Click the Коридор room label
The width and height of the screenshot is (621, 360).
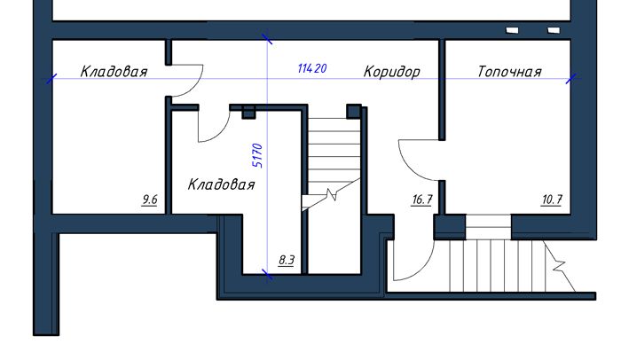392,72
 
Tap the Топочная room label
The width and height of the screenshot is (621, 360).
509,72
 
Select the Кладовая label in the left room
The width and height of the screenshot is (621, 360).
114,72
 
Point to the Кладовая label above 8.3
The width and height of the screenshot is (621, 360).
222,184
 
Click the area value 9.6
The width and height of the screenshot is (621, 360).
150,200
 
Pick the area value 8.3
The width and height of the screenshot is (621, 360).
287,260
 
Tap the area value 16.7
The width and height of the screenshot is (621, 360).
421,200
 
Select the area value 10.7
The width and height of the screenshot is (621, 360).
551,200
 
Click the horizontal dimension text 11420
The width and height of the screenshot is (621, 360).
312,68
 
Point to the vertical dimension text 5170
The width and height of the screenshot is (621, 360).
257,156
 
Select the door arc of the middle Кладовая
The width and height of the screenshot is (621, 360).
222,133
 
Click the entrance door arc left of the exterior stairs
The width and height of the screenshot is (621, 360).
424,270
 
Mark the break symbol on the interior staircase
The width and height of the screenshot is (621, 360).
332,195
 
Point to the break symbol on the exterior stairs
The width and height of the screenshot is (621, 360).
559,266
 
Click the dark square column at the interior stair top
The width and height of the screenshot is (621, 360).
354,112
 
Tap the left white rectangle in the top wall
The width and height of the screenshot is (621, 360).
512,30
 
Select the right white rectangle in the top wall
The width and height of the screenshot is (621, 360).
554,30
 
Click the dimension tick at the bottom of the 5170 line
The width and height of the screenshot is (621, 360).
267,274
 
